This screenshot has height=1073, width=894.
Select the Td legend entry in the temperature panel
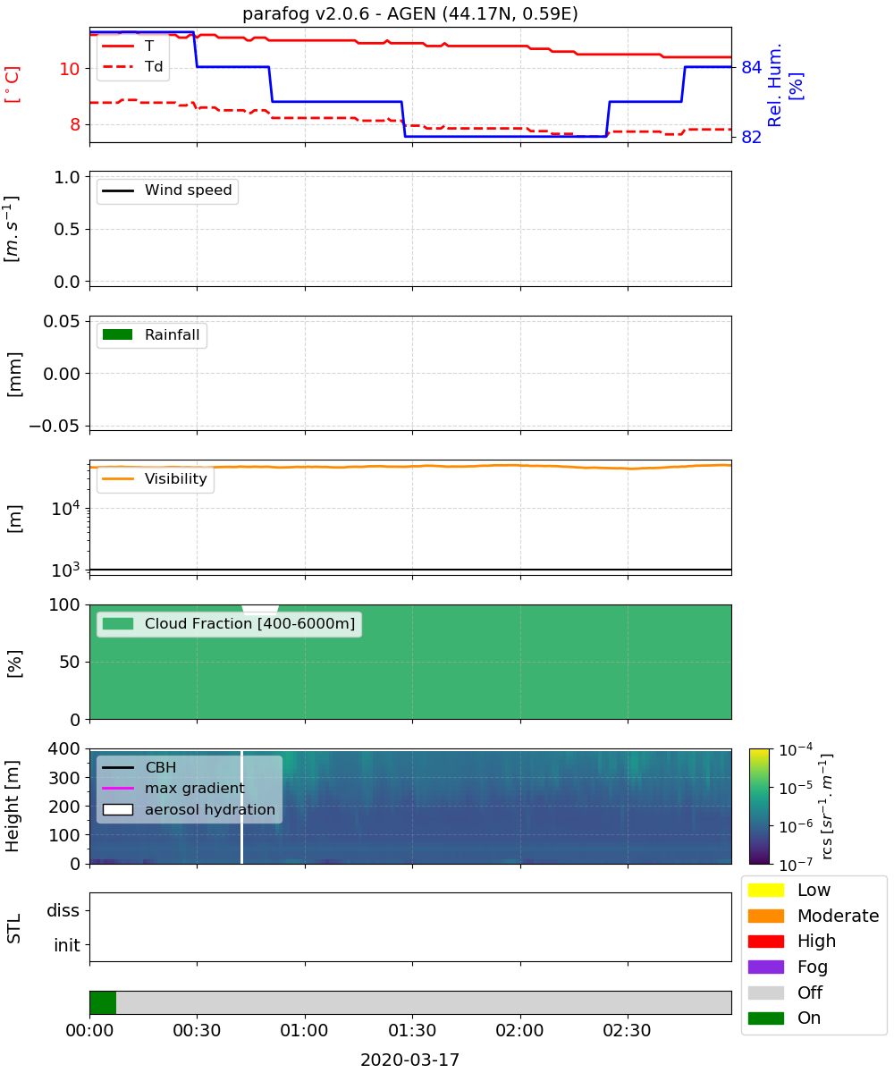click(132, 66)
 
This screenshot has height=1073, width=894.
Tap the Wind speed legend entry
click(167, 190)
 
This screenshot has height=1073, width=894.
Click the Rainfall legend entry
click(151, 334)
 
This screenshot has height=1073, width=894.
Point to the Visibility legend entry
click(155, 478)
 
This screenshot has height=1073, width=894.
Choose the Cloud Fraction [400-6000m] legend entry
click(229, 623)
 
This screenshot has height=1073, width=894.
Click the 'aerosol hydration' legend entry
click(189, 809)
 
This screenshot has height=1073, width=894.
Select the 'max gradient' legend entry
click(173, 788)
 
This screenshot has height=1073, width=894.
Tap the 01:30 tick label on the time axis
click(412, 1030)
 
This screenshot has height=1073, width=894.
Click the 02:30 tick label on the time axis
click(627, 1030)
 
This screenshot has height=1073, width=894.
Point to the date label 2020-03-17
click(410, 1060)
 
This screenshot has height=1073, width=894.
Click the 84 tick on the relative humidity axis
click(751, 67)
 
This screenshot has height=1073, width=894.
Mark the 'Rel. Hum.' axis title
click(774, 85)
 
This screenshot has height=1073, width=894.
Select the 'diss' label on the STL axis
click(63, 910)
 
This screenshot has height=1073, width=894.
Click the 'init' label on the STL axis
click(67, 944)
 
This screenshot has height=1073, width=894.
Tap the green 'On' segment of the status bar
click(103, 1002)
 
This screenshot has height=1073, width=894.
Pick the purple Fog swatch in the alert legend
click(765, 967)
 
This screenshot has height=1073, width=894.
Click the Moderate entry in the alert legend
click(814, 916)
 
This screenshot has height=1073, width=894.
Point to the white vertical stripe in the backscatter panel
click(241, 807)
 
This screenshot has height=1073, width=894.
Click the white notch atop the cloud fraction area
click(260, 610)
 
